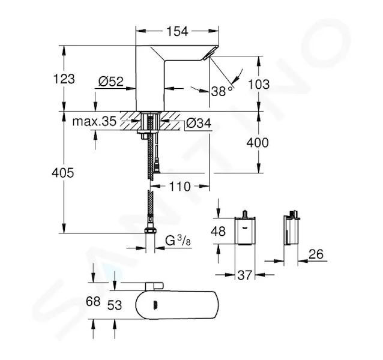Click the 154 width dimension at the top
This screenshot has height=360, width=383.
(x=177, y=31)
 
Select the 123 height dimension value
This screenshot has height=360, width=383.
(x=64, y=79)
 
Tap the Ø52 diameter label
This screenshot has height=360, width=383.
(x=111, y=81)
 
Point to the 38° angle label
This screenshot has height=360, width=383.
(x=222, y=91)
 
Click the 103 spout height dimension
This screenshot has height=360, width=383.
(x=259, y=84)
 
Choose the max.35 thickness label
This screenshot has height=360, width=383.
(x=94, y=121)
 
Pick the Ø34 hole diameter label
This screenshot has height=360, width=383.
(x=199, y=123)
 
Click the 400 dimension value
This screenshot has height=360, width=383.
(x=258, y=143)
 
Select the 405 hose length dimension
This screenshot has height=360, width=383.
(x=63, y=173)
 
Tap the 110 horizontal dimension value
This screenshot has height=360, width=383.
(x=179, y=187)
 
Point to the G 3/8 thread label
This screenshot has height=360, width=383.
(x=178, y=241)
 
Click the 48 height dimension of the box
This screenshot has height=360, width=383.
(x=218, y=231)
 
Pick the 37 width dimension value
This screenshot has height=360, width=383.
(x=244, y=275)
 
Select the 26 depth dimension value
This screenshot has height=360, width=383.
(x=316, y=254)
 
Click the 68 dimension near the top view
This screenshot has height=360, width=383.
(x=93, y=301)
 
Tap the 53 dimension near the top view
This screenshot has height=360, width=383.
(x=114, y=305)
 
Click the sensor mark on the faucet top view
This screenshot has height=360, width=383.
(x=155, y=305)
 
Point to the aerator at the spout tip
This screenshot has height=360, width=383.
(x=208, y=55)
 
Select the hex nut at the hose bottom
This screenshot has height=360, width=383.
(x=150, y=231)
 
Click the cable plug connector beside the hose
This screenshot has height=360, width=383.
(x=157, y=166)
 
